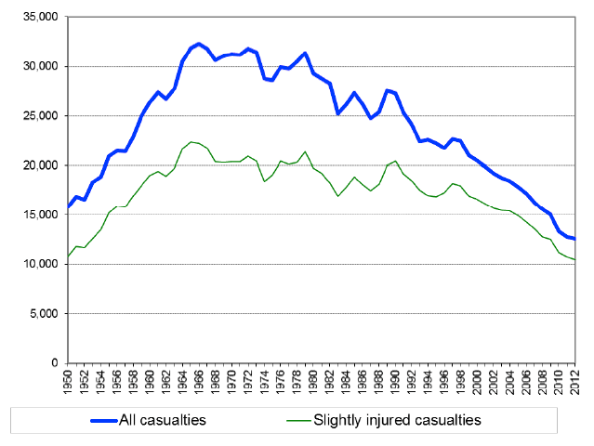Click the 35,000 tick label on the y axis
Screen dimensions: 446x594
(40, 18)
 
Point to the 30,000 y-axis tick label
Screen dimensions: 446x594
(40, 67)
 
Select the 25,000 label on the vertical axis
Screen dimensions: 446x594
(40, 116)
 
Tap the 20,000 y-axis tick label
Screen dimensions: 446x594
(40, 165)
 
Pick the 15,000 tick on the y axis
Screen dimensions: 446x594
(40, 215)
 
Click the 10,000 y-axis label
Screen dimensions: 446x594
(40, 264)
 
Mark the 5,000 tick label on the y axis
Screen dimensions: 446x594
(43, 313)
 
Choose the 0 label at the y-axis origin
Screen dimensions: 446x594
(55, 362)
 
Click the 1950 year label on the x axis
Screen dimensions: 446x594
(69, 383)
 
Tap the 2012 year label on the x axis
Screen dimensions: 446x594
(574, 383)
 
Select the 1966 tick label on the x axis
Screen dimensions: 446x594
(199, 383)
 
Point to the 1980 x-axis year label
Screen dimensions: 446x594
(313, 383)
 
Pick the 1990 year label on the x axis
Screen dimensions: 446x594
(395, 383)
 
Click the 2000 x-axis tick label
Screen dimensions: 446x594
(477, 383)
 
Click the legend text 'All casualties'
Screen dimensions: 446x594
(163, 420)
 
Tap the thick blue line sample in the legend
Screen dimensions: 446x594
(87, 420)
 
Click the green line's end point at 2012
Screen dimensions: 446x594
(574, 259)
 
